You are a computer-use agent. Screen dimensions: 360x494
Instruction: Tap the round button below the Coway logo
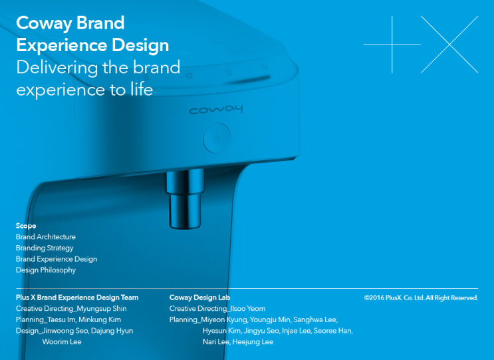(x=215, y=139)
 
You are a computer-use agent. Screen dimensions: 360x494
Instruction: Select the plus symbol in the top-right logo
(x=392, y=45)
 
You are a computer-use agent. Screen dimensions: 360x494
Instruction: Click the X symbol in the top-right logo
(x=450, y=45)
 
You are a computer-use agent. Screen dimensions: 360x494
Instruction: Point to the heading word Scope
(x=26, y=226)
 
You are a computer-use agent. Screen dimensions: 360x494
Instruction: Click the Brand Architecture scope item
(x=46, y=237)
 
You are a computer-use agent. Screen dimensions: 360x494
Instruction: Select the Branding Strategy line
(x=45, y=248)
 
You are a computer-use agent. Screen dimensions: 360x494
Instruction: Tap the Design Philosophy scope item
(x=46, y=270)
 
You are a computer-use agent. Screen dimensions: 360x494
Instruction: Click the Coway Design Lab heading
(x=199, y=298)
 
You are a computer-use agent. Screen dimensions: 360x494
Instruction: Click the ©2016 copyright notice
(x=421, y=298)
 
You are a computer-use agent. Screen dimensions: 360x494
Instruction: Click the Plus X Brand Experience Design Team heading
(x=77, y=298)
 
